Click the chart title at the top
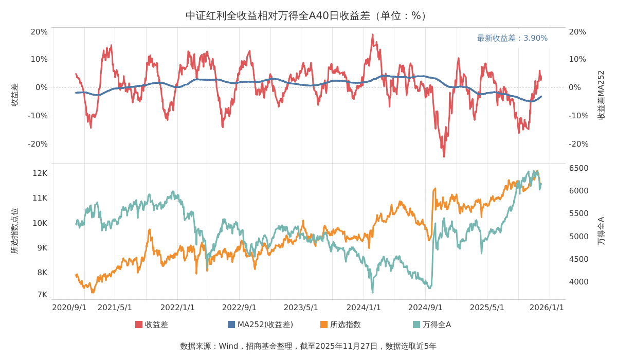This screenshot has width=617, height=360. click(x=306, y=16)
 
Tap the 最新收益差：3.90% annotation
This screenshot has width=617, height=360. click(x=512, y=38)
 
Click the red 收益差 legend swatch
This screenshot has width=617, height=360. click(x=139, y=325)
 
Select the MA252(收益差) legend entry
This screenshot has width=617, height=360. click(x=261, y=325)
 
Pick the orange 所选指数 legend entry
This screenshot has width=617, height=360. click(x=340, y=325)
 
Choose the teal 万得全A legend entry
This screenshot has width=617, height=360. click(x=432, y=325)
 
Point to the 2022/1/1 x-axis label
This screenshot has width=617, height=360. click(x=177, y=308)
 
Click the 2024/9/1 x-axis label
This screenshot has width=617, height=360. click(x=425, y=308)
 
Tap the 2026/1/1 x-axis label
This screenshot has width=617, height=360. click(x=547, y=308)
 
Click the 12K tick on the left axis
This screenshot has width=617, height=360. click(x=40, y=173)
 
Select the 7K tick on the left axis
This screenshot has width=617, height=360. click(x=42, y=295)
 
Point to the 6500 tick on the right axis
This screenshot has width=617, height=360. click(x=579, y=168)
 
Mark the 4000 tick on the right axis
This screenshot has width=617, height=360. click(x=579, y=281)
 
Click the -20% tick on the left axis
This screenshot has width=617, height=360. click(x=38, y=144)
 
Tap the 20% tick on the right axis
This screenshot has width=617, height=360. click(x=577, y=32)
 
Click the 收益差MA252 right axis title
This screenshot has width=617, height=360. click(x=601, y=95)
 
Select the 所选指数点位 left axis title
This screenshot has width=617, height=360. click(x=14, y=231)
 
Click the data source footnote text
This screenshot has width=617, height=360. click(x=308, y=346)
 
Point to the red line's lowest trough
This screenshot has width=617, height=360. click(x=444, y=156)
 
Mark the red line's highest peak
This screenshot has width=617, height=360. click(x=373, y=34)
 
